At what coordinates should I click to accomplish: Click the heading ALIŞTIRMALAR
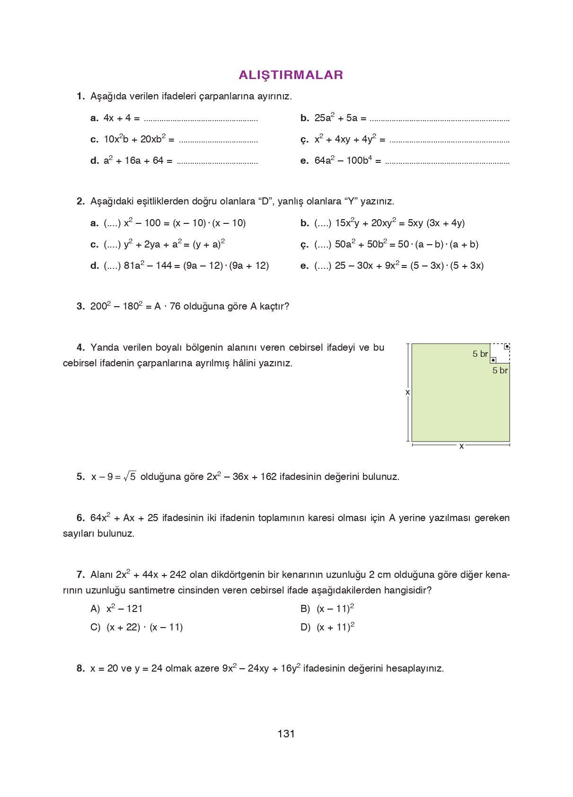pos(291,75)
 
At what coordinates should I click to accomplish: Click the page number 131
pos(286,734)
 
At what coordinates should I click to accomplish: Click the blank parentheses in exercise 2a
pos(112,223)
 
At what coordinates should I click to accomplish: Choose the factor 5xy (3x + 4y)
pos(436,223)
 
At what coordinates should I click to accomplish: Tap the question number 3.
pos(80,306)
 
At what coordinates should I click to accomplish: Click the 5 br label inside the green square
pos(480,354)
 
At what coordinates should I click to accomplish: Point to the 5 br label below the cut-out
pos(500,371)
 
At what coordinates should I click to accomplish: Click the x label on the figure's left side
pos(407,392)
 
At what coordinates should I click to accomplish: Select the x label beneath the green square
pos(461,446)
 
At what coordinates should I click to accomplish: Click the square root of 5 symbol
pos(130,477)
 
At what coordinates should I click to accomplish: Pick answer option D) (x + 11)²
pos(327,627)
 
